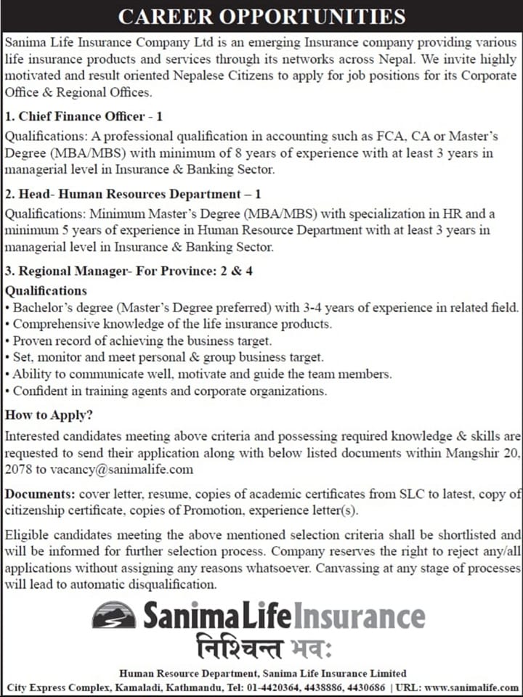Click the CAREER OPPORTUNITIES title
(261, 16)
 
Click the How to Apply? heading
(49, 416)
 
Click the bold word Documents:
(36, 494)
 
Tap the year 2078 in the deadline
(17, 469)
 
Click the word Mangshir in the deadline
(474, 453)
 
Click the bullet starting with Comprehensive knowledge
(171, 324)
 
